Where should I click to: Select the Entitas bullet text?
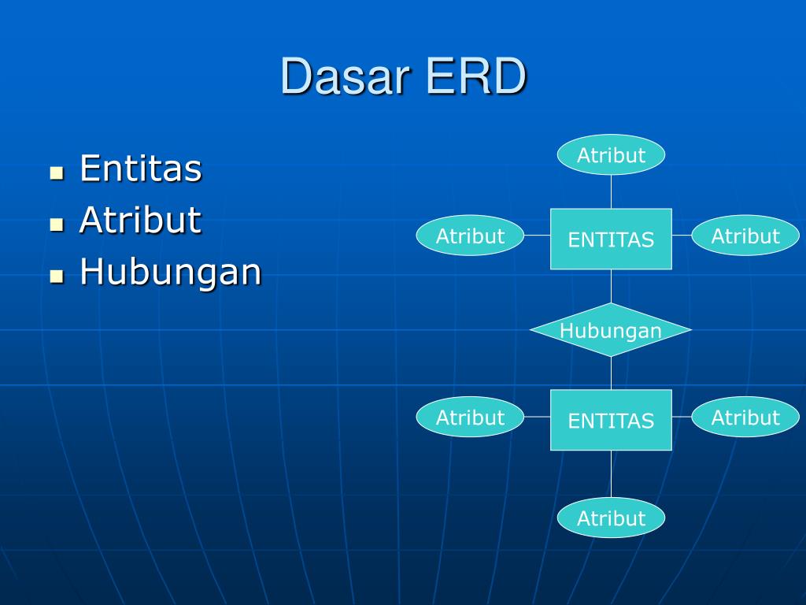click(140, 169)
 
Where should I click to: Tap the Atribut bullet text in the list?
click(140, 221)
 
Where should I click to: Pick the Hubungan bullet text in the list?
click(170, 273)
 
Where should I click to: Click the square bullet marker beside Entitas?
click(56, 173)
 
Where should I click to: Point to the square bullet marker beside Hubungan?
click(56, 277)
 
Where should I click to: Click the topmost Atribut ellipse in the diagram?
click(611, 155)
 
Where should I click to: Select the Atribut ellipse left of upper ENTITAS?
click(470, 236)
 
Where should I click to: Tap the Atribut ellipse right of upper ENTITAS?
click(745, 236)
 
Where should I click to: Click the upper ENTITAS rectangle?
click(611, 239)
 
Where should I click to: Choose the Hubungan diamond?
click(611, 330)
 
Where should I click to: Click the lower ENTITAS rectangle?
click(611, 421)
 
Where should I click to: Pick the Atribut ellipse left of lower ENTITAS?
click(470, 417)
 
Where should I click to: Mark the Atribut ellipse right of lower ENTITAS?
click(745, 417)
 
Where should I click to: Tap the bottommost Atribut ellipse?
click(611, 518)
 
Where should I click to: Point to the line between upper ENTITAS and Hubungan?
click(611, 287)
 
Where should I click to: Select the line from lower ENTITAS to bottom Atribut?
click(611, 473)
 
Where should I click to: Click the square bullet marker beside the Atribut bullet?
click(56, 225)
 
